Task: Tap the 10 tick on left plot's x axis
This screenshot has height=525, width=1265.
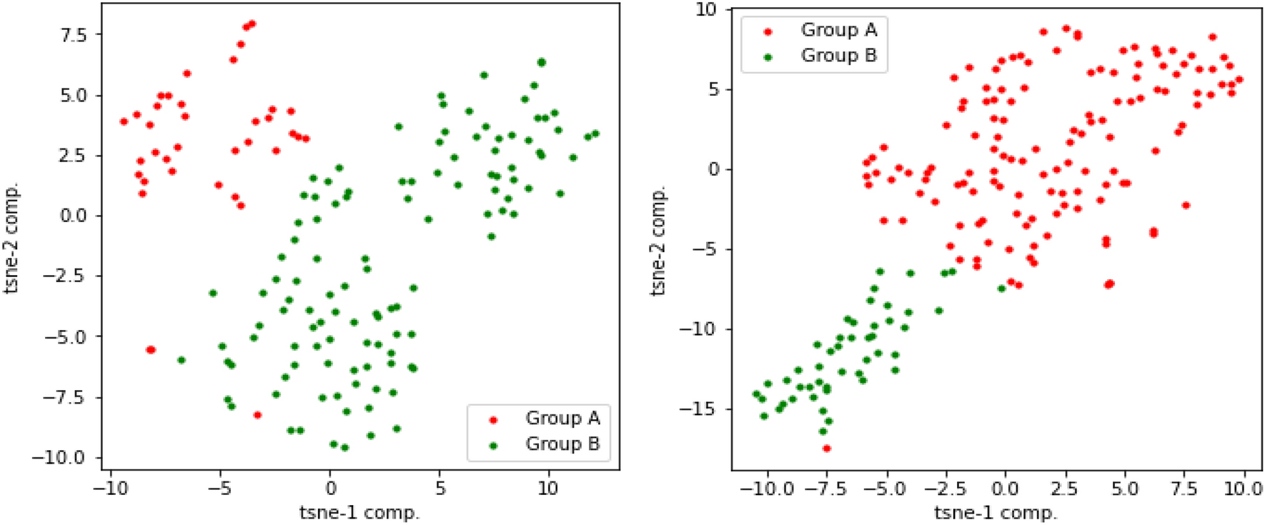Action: click(547, 489)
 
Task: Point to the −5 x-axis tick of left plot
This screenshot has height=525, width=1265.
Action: click(220, 489)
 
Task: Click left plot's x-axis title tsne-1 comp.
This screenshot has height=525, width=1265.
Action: click(359, 512)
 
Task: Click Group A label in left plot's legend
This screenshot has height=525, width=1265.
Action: click(562, 418)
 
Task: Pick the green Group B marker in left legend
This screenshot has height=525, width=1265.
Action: click(492, 445)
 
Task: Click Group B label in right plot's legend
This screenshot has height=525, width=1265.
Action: click(838, 56)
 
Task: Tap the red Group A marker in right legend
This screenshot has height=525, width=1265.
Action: click(768, 31)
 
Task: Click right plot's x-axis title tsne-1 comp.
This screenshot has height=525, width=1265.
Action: click(995, 512)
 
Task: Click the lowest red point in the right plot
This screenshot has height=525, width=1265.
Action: click(827, 449)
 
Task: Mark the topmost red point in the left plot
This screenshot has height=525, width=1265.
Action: click(252, 24)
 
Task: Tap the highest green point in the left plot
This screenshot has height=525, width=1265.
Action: click(542, 63)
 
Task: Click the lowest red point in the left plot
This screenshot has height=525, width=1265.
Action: click(257, 415)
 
